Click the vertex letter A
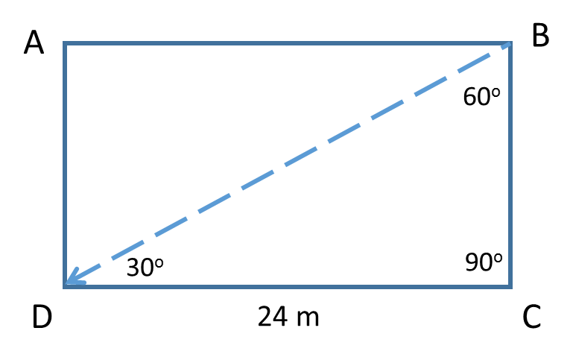click(x=34, y=42)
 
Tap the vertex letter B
click(x=540, y=35)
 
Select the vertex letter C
click(x=532, y=317)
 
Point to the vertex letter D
click(x=42, y=317)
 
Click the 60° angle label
click(x=481, y=96)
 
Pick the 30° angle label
click(x=145, y=267)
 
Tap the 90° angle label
click(x=484, y=262)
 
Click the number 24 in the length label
click(x=272, y=317)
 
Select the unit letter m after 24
click(x=308, y=319)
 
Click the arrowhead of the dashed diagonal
click(x=73, y=279)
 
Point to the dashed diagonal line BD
click(x=288, y=163)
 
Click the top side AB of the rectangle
click(x=288, y=43)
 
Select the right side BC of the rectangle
click(x=510, y=165)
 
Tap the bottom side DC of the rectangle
click(x=288, y=286)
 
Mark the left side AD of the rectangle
click(x=65, y=165)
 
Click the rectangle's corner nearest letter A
click(x=65, y=43)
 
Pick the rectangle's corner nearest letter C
click(x=510, y=286)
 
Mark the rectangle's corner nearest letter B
click(x=510, y=43)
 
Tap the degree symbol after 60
click(x=496, y=92)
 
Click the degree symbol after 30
click(x=159, y=263)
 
